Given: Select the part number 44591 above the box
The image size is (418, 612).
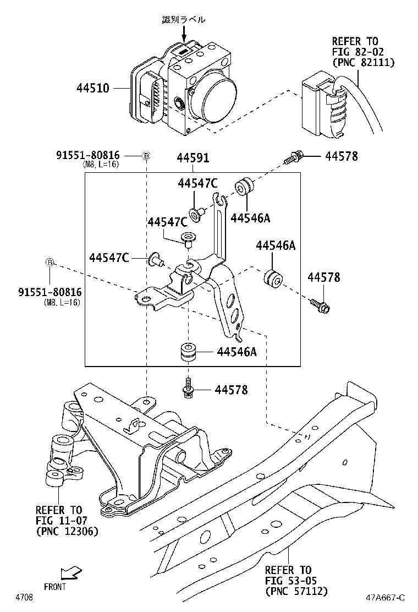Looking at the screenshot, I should pyautogui.click(x=193, y=158).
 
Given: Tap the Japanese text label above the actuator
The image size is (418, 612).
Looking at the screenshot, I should pyautogui.click(x=184, y=19).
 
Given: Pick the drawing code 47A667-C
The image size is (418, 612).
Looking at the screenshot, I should pyautogui.click(x=386, y=598).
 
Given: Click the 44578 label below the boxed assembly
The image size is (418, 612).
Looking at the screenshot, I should pyautogui.click(x=231, y=390).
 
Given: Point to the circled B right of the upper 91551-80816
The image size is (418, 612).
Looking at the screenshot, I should pyautogui.click(x=146, y=156).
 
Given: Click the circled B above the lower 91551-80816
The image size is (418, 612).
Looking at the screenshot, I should pyautogui.click(x=50, y=263).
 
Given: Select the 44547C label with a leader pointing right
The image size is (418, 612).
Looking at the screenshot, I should pyautogui.click(x=109, y=257).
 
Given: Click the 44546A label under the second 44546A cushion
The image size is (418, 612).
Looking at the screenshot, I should pyautogui.click(x=235, y=352).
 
